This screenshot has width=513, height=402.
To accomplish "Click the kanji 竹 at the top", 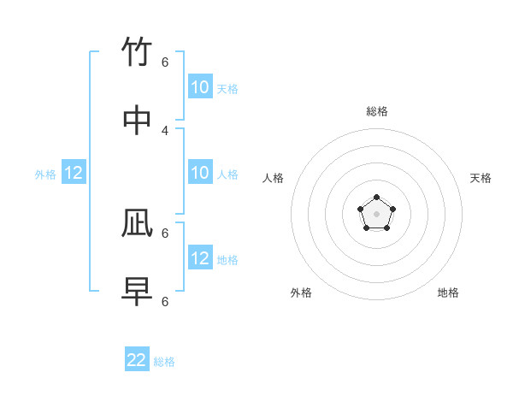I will [137, 53].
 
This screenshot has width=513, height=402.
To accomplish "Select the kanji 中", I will [137, 121].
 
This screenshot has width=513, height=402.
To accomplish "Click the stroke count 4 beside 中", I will [165, 130].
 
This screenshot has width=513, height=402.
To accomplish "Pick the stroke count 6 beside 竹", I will [165, 62].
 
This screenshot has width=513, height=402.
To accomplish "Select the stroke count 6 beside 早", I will [165, 301].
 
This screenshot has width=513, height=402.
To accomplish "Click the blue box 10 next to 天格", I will [200, 87].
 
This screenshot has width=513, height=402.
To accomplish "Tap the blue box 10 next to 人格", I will [200, 173].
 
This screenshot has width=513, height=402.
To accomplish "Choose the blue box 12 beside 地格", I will [200, 258].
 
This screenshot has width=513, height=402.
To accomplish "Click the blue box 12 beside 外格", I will [74, 173].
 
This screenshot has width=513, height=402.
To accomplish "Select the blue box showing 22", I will [137, 360].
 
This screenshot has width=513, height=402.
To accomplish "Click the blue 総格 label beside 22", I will [164, 362].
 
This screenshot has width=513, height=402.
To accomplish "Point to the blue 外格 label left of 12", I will [45, 174].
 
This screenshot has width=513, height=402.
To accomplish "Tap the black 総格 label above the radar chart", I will [377, 111].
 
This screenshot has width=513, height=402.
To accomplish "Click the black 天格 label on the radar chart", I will [481, 178].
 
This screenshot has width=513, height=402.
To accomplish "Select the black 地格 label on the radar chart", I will [448, 293].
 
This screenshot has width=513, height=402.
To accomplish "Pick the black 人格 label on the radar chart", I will [273, 178].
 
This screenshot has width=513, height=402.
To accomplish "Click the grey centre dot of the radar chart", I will [377, 214].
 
